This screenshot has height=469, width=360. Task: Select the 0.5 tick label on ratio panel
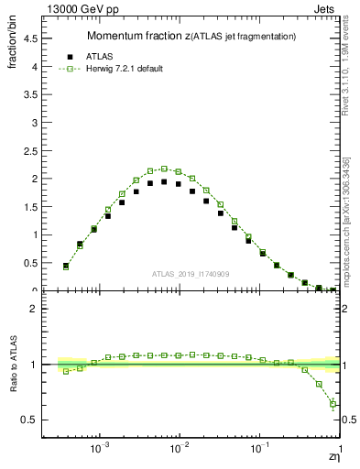33,420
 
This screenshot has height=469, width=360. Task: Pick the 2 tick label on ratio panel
38,309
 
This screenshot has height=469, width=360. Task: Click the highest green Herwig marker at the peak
164,169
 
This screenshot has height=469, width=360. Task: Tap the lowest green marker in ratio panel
333,404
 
